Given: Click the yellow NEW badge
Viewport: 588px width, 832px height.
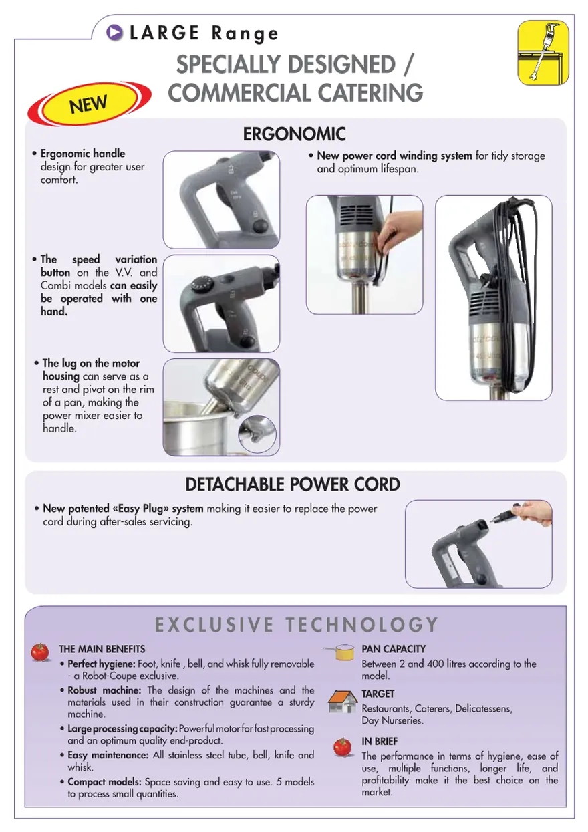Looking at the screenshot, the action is [x=89, y=104].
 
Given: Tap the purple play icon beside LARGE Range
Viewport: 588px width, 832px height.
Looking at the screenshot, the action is [x=114, y=32].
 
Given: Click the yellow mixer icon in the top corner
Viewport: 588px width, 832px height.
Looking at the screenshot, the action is [x=543, y=52].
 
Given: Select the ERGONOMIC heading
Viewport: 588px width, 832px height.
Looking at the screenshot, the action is [x=294, y=134].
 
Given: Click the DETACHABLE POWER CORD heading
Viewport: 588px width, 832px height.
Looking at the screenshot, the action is [x=293, y=484].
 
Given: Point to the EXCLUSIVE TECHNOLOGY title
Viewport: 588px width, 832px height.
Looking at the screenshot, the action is [x=297, y=624].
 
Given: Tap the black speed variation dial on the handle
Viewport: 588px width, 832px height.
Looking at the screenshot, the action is [x=200, y=285].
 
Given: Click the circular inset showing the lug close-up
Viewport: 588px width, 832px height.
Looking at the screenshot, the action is [x=257, y=434].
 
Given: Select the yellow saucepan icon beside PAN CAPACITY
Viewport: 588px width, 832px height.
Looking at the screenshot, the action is [x=340, y=652].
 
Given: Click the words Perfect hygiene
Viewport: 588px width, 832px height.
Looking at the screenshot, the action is [x=102, y=664].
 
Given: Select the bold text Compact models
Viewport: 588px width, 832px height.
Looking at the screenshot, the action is [x=104, y=782].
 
